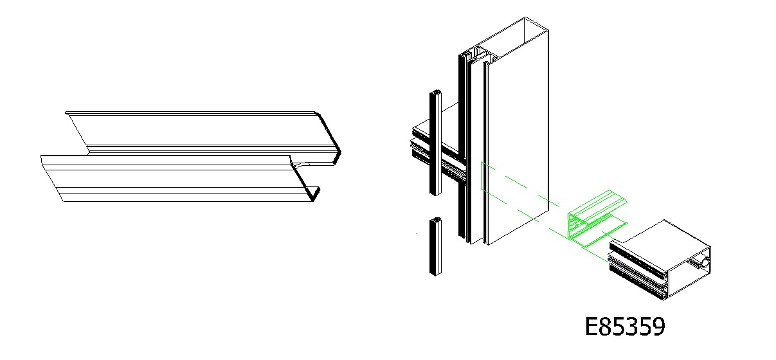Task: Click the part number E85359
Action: pyautogui.click(x=625, y=326)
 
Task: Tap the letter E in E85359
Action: pyautogui.click(x=591, y=326)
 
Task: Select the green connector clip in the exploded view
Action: pyautogui.click(x=597, y=219)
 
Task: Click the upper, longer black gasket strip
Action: pyautogui.click(x=436, y=143)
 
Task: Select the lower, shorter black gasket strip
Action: pyautogui.click(x=436, y=247)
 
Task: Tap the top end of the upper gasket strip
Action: pyautogui.click(x=436, y=92)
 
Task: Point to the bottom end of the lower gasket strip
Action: pyautogui.click(x=436, y=274)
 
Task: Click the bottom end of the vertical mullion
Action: pyautogui.click(x=485, y=242)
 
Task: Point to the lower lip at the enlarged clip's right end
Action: pyautogui.click(x=315, y=194)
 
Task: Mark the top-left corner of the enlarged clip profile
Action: pyautogui.click(x=66, y=113)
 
